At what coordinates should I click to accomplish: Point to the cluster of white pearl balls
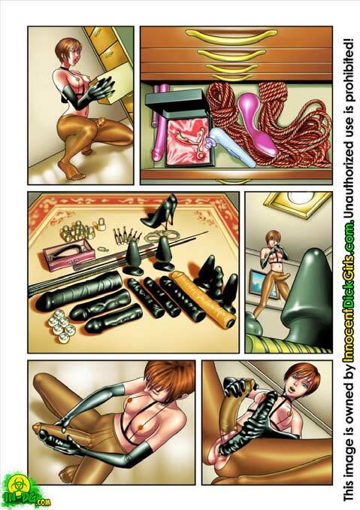(x=62, y=329)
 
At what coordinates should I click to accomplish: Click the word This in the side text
(x=349, y=487)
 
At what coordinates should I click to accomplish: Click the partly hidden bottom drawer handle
(x=233, y=181)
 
